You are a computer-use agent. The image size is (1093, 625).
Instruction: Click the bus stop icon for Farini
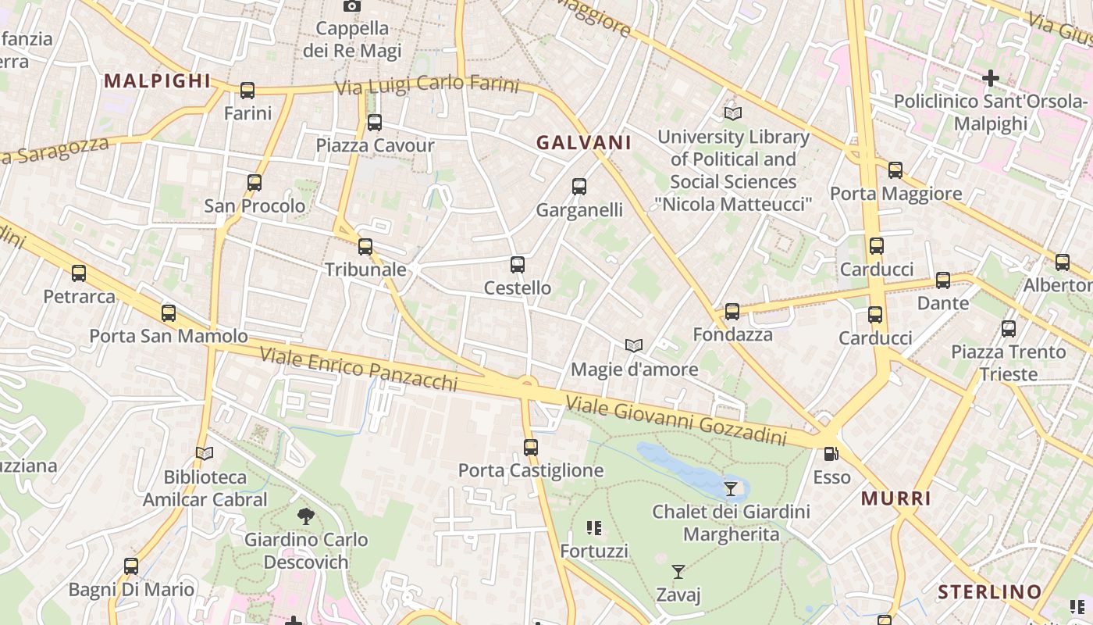pyautogui.click(x=247, y=91)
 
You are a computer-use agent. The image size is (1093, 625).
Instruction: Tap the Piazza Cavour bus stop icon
pyautogui.click(x=375, y=123)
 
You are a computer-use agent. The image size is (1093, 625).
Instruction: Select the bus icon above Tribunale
pyautogui.click(x=365, y=247)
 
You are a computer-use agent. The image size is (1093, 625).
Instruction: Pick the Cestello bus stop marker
pyautogui.click(x=517, y=265)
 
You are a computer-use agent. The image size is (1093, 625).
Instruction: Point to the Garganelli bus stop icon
pyautogui.click(x=579, y=187)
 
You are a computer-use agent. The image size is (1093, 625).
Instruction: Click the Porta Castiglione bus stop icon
pyautogui.click(x=531, y=448)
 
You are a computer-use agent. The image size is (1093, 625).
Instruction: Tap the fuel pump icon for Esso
pyautogui.click(x=831, y=454)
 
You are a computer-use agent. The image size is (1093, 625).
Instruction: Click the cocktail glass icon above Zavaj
pyautogui.click(x=678, y=572)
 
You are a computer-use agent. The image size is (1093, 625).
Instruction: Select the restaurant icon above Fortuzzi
pyautogui.click(x=594, y=529)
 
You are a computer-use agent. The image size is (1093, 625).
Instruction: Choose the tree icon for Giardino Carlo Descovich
pyautogui.click(x=306, y=516)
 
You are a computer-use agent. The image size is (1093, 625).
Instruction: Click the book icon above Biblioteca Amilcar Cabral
pyautogui.click(x=205, y=453)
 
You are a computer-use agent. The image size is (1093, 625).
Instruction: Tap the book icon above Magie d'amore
pyautogui.click(x=634, y=345)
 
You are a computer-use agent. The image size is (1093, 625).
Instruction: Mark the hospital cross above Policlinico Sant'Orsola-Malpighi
pyautogui.click(x=990, y=78)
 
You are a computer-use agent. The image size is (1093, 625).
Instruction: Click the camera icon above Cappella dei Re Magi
pyautogui.click(x=352, y=6)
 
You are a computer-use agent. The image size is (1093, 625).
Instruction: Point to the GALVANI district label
pyautogui.click(x=584, y=143)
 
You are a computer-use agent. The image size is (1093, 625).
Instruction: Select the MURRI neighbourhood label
pyautogui.click(x=896, y=498)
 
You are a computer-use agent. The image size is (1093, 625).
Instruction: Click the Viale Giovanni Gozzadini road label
pyautogui.click(x=675, y=420)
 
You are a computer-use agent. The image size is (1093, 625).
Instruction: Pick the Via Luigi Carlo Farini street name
pyautogui.click(x=427, y=84)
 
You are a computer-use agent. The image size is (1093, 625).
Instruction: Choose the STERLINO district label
pyautogui.click(x=989, y=591)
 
